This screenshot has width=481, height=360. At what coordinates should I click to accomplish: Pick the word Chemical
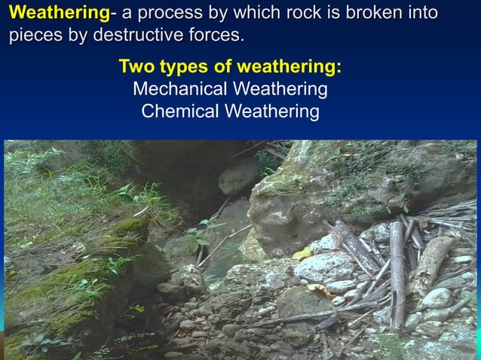(x=176, y=111)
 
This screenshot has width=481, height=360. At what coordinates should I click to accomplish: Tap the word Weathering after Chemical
(x=271, y=111)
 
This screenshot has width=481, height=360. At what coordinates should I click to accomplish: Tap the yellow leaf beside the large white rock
(x=303, y=253)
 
